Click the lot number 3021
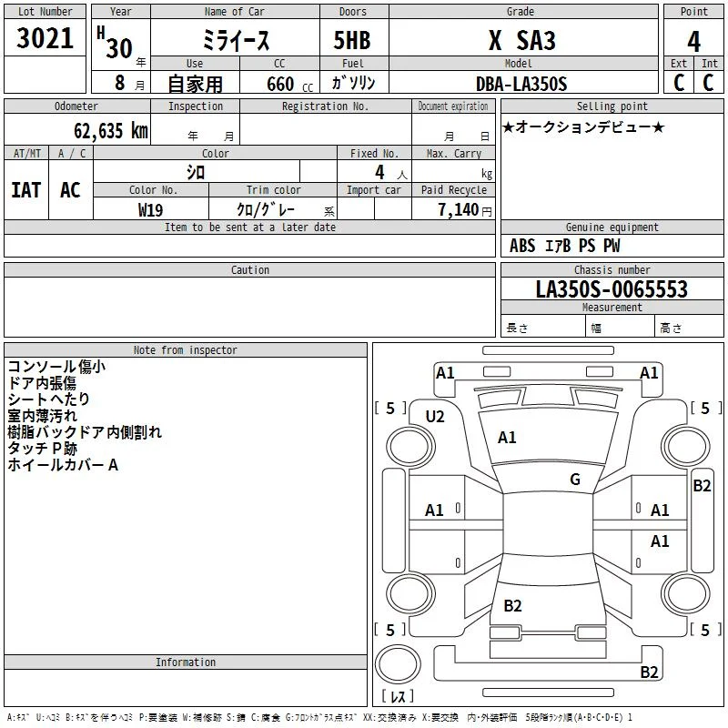[45, 38]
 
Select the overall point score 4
[693, 42]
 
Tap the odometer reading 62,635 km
[110, 131]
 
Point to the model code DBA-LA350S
[521, 84]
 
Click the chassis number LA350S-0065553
[612, 289]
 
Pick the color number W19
[150, 210]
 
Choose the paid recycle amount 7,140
[459, 210]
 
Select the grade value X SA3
[521, 40]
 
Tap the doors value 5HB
[352, 40]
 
